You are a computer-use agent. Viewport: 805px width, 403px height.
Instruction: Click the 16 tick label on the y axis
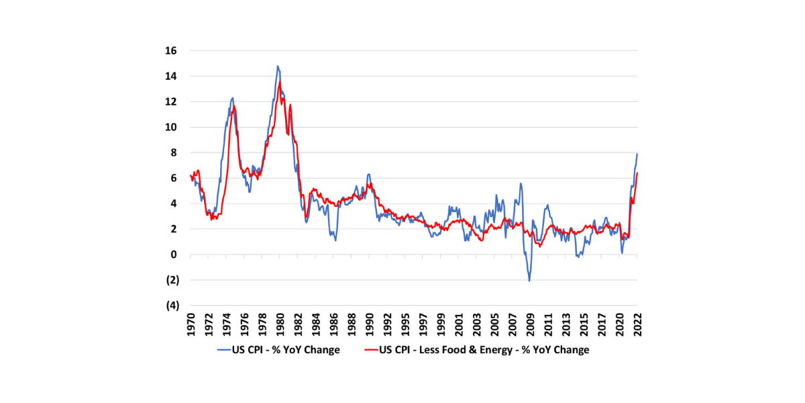(x=172, y=50)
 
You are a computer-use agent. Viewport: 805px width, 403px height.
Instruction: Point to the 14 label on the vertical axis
(x=172, y=76)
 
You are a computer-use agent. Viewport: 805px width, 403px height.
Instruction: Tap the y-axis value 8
(x=174, y=152)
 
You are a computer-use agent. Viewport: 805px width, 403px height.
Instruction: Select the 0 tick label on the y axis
(x=174, y=255)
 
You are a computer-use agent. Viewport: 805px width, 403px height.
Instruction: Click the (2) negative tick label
(x=172, y=280)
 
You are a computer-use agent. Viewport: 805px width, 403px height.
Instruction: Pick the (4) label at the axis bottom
(x=172, y=306)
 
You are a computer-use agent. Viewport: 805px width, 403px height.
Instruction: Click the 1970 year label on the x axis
(x=191, y=325)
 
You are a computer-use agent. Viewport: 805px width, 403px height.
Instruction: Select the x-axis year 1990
(x=369, y=325)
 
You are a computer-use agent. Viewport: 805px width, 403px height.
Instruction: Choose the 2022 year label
(x=637, y=325)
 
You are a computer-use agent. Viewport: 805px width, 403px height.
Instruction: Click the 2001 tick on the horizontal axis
(x=459, y=325)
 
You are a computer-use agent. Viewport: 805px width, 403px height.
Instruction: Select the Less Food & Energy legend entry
(x=484, y=349)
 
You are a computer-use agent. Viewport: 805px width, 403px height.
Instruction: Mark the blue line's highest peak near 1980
(x=278, y=66)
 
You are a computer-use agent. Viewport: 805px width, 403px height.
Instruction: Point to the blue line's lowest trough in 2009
(x=529, y=281)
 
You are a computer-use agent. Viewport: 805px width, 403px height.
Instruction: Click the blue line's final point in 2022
(x=637, y=154)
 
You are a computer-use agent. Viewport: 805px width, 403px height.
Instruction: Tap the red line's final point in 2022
(x=637, y=173)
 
